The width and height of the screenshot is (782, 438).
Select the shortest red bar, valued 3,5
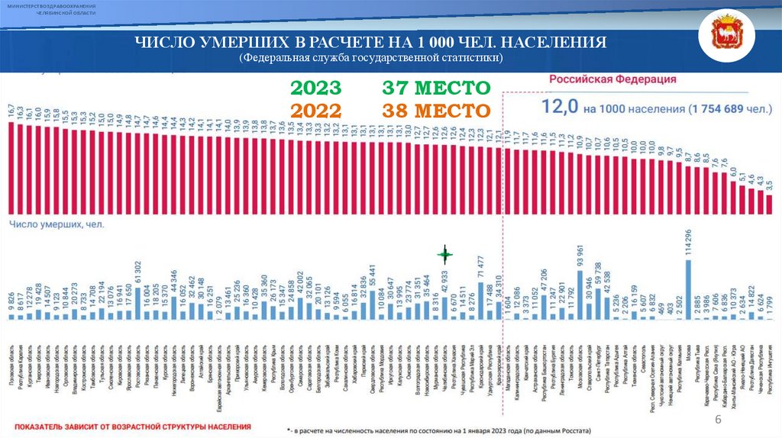click(x=770, y=204)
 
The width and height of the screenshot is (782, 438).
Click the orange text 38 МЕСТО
click(x=436, y=111)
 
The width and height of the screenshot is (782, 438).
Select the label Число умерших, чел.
click(x=57, y=224)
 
